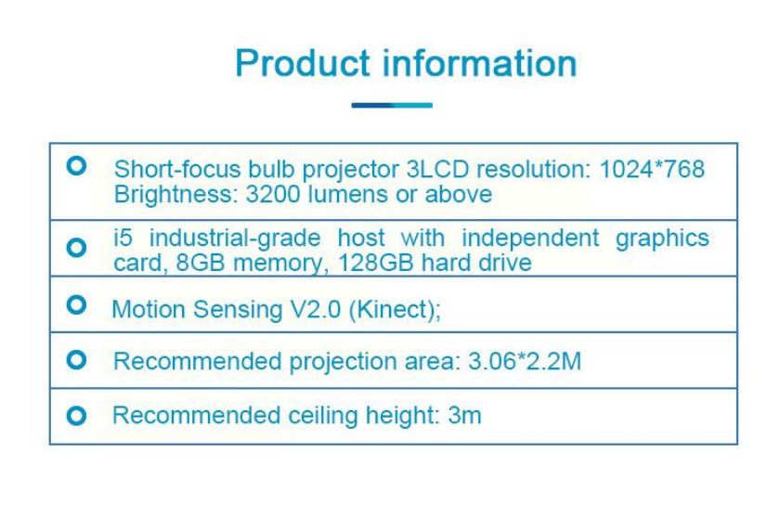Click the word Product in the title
pyautogui.click(x=303, y=63)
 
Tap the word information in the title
pyautogui.click(x=479, y=63)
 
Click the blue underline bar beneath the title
pyautogui.click(x=392, y=105)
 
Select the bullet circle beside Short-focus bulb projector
pyautogui.click(x=76, y=165)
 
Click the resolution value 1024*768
pyautogui.click(x=652, y=169)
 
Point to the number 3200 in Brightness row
pyautogui.click(x=273, y=194)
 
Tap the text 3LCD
pyautogui.click(x=437, y=169)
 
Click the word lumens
pyautogui.click(x=348, y=194)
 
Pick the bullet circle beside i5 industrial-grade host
pyautogui.click(x=76, y=247)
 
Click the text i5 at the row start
pyautogui.click(x=123, y=238)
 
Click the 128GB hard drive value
pyautogui.click(x=435, y=263)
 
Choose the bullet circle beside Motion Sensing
pyautogui.click(x=76, y=304)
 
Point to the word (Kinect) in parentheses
pyautogui.click(x=395, y=310)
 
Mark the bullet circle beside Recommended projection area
pyautogui.click(x=76, y=359)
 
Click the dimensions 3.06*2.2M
pyautogui.click(x=525, y=361)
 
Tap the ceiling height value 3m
pyautogui.click(x=464, y=415)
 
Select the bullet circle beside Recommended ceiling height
pyautogui.click(x=76, y=416)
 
